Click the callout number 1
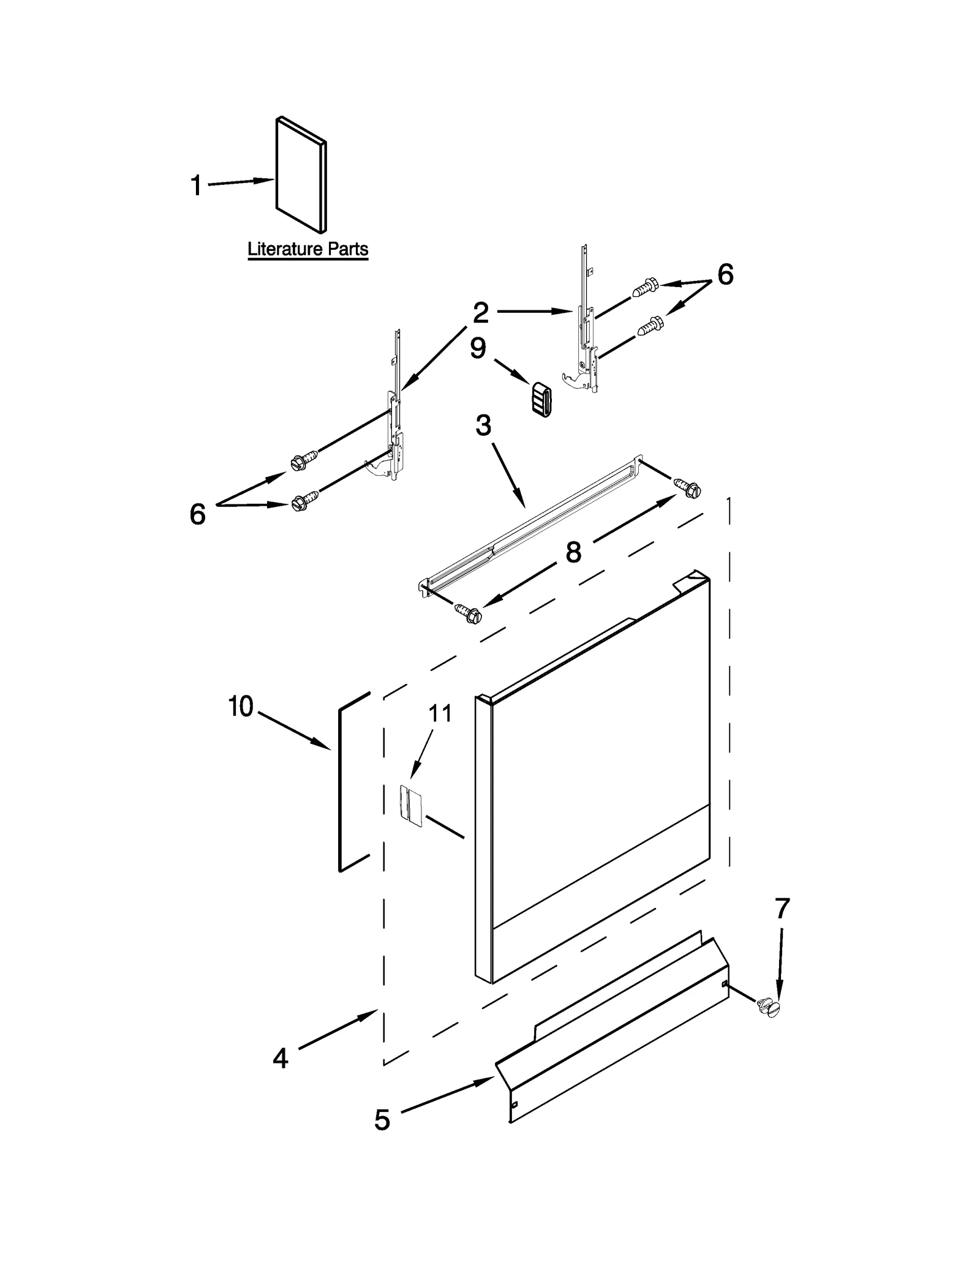(196, 186)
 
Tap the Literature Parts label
(307, 250)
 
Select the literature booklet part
(301, 176)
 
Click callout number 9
(478, 348)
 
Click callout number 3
(483, 425)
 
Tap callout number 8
(573, 552)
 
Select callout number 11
(440, 713)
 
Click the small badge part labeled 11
(411, 806)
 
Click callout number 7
(782, 909)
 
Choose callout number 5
(382, 1120)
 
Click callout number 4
(280, 1058)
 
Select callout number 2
(481, 313)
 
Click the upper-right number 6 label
(725, 275)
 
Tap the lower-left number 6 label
(197, 514)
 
